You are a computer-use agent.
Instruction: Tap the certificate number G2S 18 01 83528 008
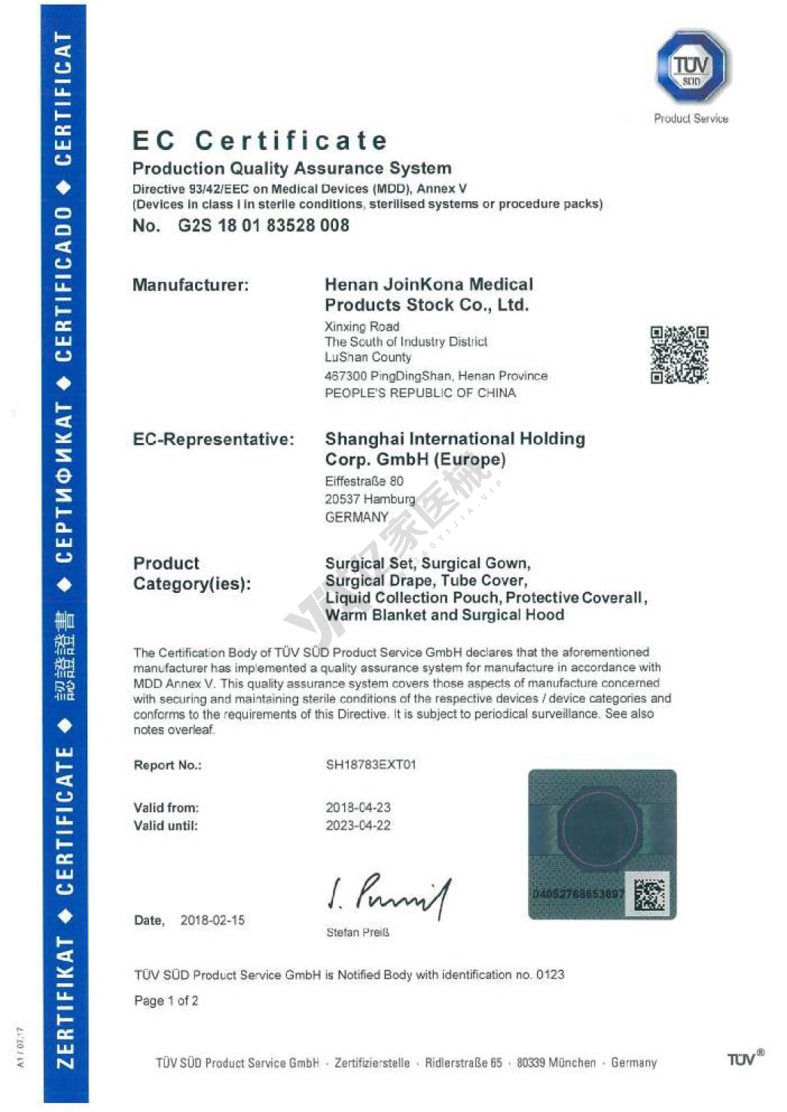click(264, 225)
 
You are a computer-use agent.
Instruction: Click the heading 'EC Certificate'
click(260, 141)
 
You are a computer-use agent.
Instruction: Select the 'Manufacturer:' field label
click(191, 285)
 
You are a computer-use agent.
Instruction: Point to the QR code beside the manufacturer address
click(679, 355)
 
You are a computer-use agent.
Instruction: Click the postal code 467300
click(345, 376)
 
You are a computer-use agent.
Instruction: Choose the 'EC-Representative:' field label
click(213, 439)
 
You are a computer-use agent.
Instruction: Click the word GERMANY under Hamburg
click(356, 517)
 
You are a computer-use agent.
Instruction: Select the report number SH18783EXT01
click(371, 765)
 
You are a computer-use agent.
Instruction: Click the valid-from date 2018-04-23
click(358, 808)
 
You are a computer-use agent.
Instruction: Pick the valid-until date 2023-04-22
click(358, 826)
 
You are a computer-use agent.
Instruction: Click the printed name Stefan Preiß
click(358, 933)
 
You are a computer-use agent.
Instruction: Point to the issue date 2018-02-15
click(212, 920)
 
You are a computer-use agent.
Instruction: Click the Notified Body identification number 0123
click(550, 975)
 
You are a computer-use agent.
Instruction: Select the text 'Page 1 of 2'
click(166, 1000)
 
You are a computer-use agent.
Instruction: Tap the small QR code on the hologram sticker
click(650, 894)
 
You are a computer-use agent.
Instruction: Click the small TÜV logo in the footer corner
click(743, 1059)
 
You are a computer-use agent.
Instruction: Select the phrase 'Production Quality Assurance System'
click(292, 169)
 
